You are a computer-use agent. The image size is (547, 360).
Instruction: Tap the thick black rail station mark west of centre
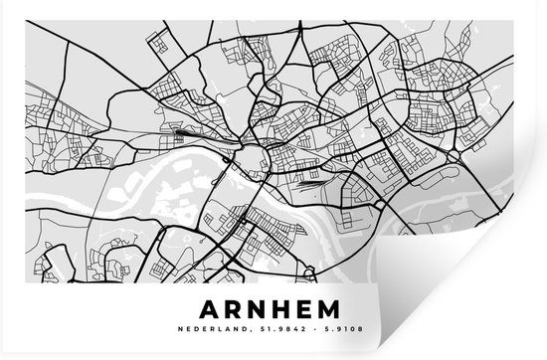[187, 130]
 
